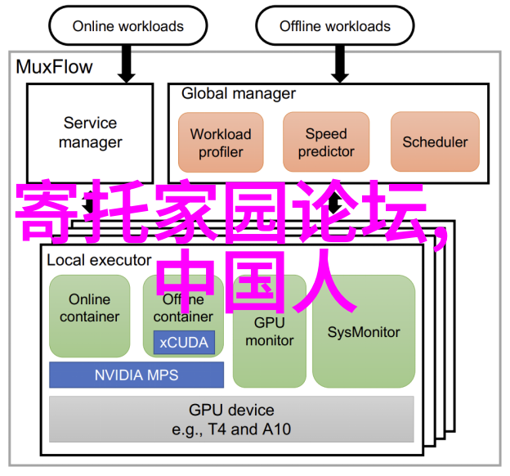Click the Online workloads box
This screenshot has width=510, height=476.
pyautogui.click(x=127, y=25)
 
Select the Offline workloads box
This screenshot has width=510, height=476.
pyautogui.click(x=335, y=25)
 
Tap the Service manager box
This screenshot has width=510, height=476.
pyautogui.click(x=90, y=132)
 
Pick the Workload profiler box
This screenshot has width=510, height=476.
pyautogui.click(x=221, y=142)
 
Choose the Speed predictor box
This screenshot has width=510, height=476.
pyautogui.click(x=326, y=142)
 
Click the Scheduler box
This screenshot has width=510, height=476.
pyautogui.click(x=435, y=142)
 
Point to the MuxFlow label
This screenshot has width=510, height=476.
pyautogui.click(x=55, y=67)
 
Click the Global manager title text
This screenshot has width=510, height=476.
pyautogui.click(x=239, y=93)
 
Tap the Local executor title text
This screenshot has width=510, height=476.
pyautogui.click(x=99, y=260)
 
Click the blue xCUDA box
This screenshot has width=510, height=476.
pyautogui.click(x=184, y=342)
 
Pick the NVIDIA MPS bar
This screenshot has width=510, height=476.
pyautogui.click(x=136, y=375)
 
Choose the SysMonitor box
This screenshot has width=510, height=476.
pyautogui.click(x=364, y=331)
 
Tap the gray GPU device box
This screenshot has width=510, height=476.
pyautogui.click(x=231, y=419)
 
